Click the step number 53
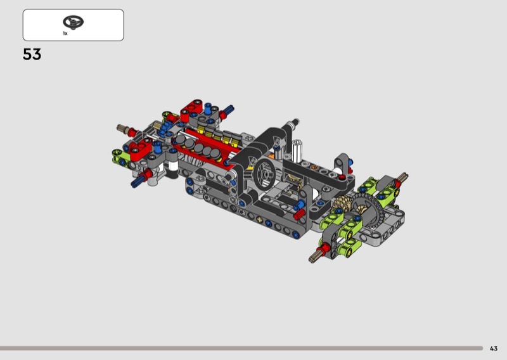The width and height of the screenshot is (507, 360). pyautogui.click(x=32, y=55)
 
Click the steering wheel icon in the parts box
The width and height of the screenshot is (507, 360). pyautogui.click(x=73, y=22)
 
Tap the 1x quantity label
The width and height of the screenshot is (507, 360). pyautogui.click(x=65, y=34)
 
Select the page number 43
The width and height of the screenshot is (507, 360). pyautogui.click(x=494, y=349)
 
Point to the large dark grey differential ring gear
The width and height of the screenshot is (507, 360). pyautogui.click(x=369, y=210)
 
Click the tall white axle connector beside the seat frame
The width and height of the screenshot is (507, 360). pyautogui.click(x=297, y=151)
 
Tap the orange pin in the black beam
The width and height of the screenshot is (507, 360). pyautogui.click(x=313, y=167)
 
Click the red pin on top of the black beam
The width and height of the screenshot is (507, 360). pyautogui.click(x=342, y=177)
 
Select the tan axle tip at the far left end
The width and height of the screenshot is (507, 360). pyautogui.click(x=120, y=127)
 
